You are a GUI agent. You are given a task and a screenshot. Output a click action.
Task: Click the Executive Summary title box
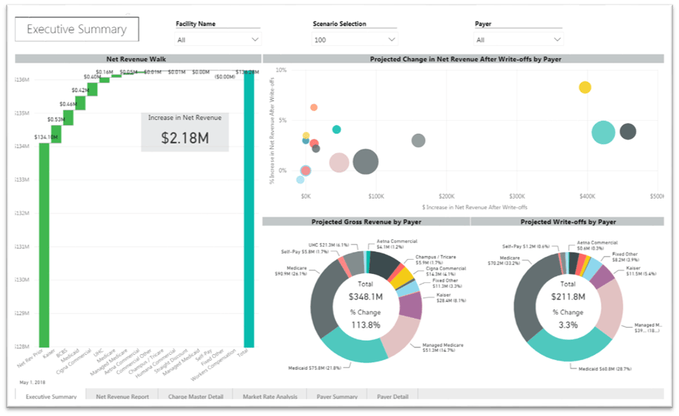(76, 29)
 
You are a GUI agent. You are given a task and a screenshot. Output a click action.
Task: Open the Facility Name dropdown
(218, 39)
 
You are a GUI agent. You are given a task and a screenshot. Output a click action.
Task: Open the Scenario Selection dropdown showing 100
(355, 39)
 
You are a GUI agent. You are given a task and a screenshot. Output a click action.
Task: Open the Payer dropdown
(518, 39)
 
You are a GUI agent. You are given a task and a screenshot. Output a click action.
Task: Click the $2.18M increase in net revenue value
(185, 137)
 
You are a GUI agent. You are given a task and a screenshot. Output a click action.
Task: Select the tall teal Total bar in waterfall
(249, 211)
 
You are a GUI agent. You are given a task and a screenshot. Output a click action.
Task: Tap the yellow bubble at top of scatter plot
(585, 88)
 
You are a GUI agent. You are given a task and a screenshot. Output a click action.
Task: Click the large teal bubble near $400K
(603, 132)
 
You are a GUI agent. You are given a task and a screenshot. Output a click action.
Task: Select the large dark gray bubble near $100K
(365, 161)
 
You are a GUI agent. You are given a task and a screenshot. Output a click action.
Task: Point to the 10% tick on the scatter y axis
(281, 70)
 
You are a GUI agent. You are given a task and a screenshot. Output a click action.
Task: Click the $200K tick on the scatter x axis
(447, 196)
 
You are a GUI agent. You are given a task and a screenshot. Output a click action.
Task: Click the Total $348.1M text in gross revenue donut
(365, 290)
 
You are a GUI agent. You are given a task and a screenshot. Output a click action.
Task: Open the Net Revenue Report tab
(121, 396)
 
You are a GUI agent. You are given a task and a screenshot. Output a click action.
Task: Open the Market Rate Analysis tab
(269, 396)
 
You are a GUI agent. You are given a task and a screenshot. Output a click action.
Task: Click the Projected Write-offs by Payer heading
(567, 222)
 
